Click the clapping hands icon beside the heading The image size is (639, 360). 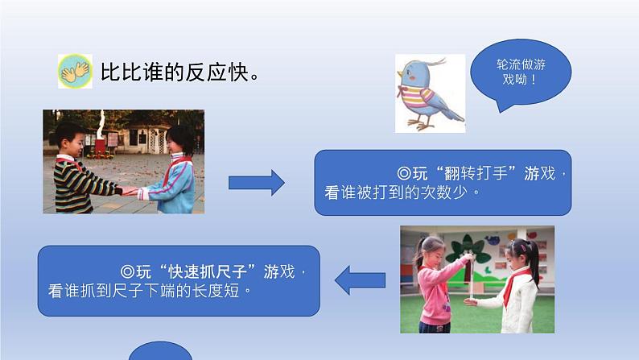point(76,71)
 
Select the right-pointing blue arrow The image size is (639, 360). point(256,182)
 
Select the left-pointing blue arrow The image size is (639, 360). point(359,280)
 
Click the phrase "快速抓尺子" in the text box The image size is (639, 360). point(196,270)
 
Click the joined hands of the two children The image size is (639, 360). point(129,191)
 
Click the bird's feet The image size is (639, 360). point(422,124)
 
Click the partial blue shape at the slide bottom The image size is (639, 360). point(160,352)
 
